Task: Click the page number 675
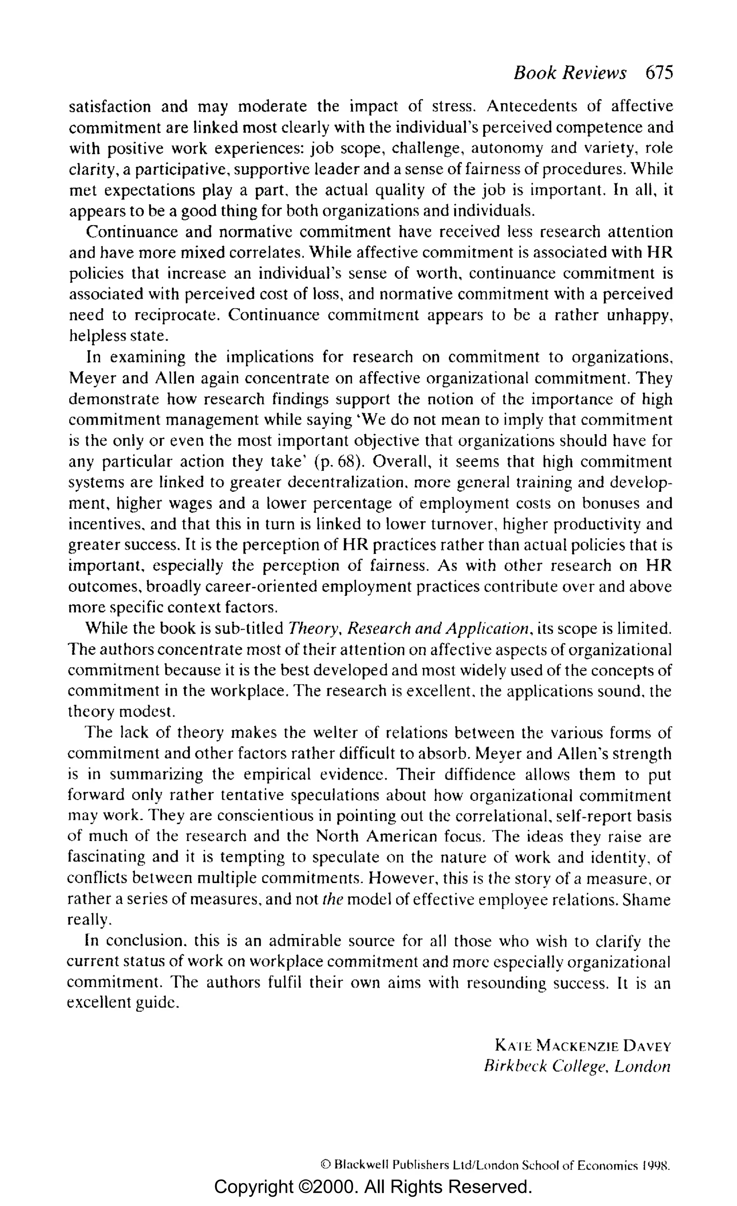coord(659,73)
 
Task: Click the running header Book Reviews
coord(570,73)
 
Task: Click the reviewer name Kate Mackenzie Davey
coord(582,1047)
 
